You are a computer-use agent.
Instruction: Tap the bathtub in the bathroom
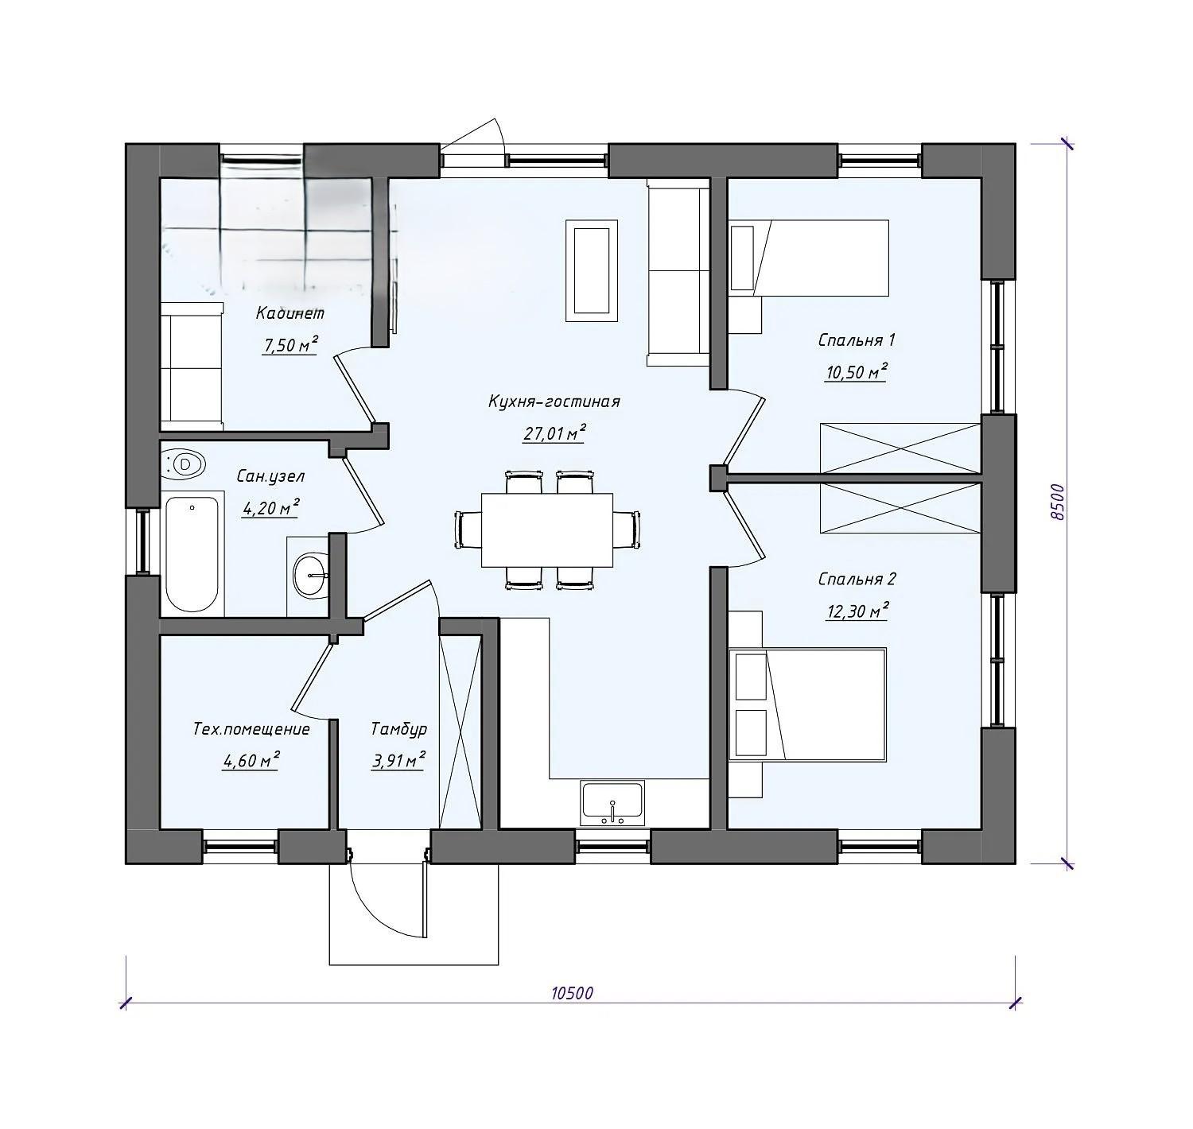coord(192,554)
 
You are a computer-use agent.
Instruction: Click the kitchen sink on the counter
coord(612,802)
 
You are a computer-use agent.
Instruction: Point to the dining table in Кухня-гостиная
coord(546,530)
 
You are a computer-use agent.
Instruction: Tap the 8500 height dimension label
coord(1059,502)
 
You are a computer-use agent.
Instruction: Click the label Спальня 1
coord(857,339)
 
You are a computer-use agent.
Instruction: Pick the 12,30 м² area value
coord(857,611)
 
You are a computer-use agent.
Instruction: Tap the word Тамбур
coord(398,728)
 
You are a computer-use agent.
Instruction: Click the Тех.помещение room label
coord(251,728)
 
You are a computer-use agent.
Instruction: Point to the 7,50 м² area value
coord(290,344)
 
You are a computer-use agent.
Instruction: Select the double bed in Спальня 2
coord(809,704)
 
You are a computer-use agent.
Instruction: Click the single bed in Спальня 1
coord(809,258)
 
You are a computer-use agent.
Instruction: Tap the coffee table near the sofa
coord(591,270)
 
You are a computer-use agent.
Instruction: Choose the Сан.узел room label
coord(270,476)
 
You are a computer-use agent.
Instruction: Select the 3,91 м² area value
coord(398,759)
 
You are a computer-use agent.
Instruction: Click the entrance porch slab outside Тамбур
coord(414,914)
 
